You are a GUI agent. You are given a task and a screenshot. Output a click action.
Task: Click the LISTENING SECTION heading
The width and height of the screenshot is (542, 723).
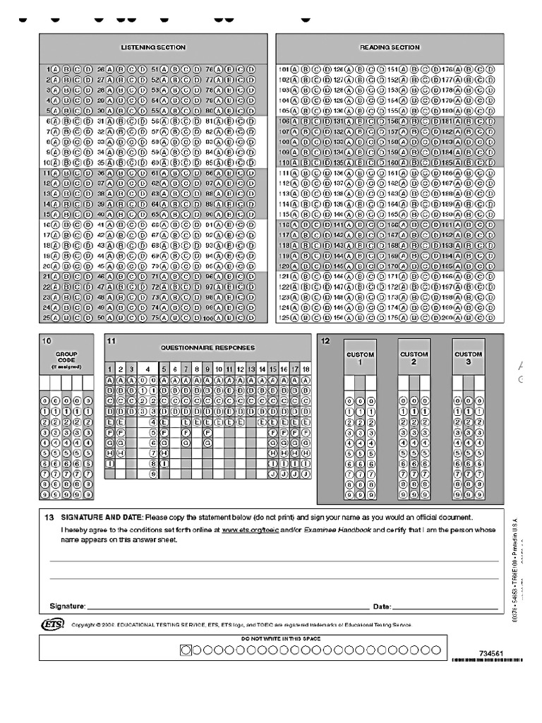(153, 47)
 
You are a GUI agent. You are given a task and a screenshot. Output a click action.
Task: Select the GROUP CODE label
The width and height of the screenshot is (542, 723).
(66, 357)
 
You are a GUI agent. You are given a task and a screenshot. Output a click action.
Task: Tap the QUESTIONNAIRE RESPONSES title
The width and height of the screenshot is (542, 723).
(207, 348)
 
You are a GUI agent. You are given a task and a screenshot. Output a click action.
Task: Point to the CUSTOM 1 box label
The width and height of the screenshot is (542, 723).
(360, 358)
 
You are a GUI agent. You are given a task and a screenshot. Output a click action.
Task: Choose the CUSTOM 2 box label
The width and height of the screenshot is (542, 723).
(414, 358)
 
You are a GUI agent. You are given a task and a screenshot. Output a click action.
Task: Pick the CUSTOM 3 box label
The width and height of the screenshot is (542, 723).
(469, 358)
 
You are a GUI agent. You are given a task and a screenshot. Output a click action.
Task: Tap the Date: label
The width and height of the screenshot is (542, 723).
(382, 607)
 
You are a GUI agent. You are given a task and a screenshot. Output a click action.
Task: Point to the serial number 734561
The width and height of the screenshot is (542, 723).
(490, 654)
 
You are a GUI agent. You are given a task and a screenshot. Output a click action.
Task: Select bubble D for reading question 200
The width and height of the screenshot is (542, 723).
(491, 318)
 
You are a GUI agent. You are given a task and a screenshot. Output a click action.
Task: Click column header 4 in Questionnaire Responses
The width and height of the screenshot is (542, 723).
(147, 369)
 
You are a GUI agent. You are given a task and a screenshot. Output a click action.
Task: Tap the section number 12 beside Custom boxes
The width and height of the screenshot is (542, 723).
(325, 341)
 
